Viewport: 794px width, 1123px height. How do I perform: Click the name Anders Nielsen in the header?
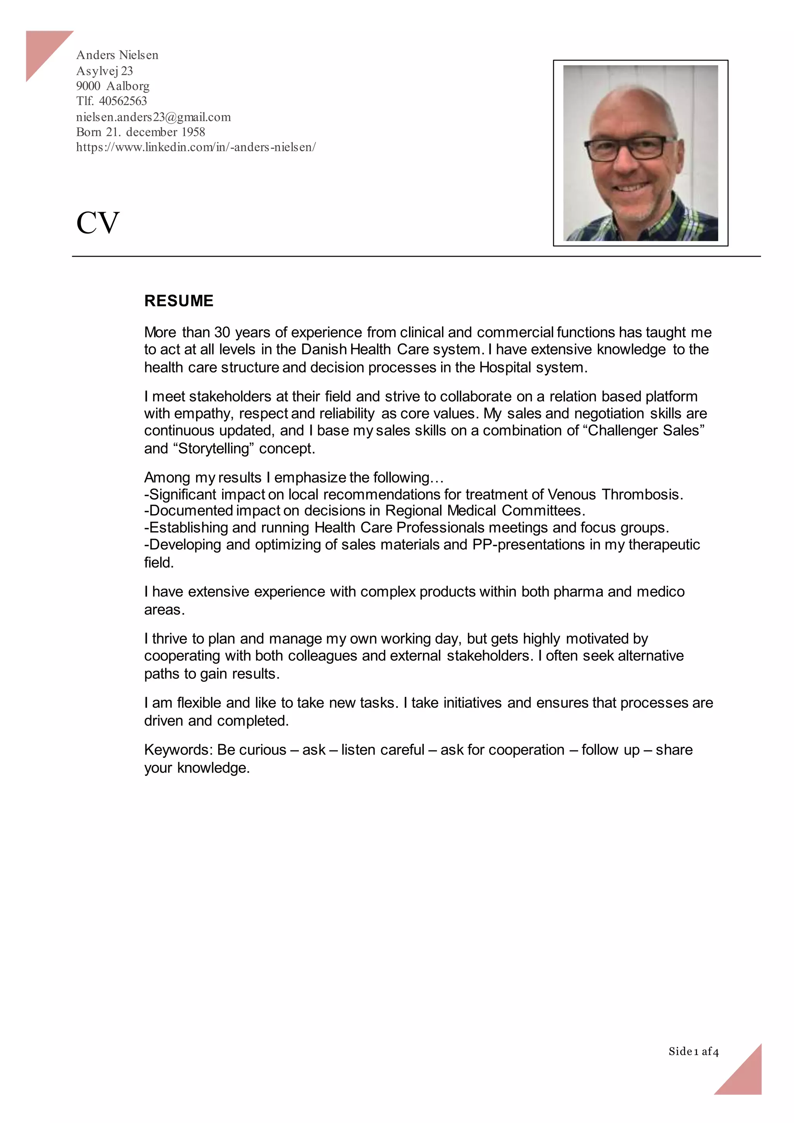click(x=117, y=55)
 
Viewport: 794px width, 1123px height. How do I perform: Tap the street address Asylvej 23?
click(x=105, y=71)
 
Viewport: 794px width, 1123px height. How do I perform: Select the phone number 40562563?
click(x=123, y=101)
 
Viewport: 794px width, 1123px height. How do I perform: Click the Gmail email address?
click(x=153, y=117)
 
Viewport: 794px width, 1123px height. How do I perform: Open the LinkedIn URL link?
click(x=195, y=147)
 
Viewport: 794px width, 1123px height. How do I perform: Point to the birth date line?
click(x=140, y=132)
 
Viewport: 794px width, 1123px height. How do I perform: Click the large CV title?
click(x=98, y=223)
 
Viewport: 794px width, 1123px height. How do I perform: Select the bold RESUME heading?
click(x=179, y=301)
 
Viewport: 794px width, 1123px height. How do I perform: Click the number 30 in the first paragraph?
click(x=222, y=333)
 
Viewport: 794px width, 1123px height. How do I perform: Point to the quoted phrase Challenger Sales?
click(x=644, y=430)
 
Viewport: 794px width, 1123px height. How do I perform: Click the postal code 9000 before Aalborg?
click(x=88, y=86)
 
